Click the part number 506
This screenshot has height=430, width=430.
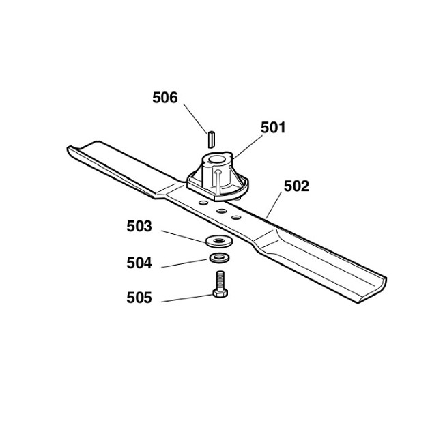(165, 98)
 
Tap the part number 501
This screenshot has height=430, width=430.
(273, 128)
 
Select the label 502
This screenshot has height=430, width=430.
(296, 186)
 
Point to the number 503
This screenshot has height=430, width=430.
(139, 227)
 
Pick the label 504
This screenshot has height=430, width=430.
(139, 263)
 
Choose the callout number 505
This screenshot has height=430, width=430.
(139, 298)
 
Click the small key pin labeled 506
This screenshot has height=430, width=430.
(211, 140)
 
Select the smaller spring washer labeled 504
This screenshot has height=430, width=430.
(219, 258)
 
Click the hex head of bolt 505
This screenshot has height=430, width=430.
(220, 293)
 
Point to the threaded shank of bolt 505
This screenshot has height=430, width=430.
(220, 280)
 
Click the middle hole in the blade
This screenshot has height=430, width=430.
(222, 211)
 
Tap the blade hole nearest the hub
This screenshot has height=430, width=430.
(204, 203)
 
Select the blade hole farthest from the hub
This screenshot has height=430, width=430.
(236, 218)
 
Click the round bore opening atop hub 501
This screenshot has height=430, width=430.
(217, 159)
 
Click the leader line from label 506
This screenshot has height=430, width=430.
(195, 118)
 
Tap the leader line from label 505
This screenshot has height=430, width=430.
(187, 298)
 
